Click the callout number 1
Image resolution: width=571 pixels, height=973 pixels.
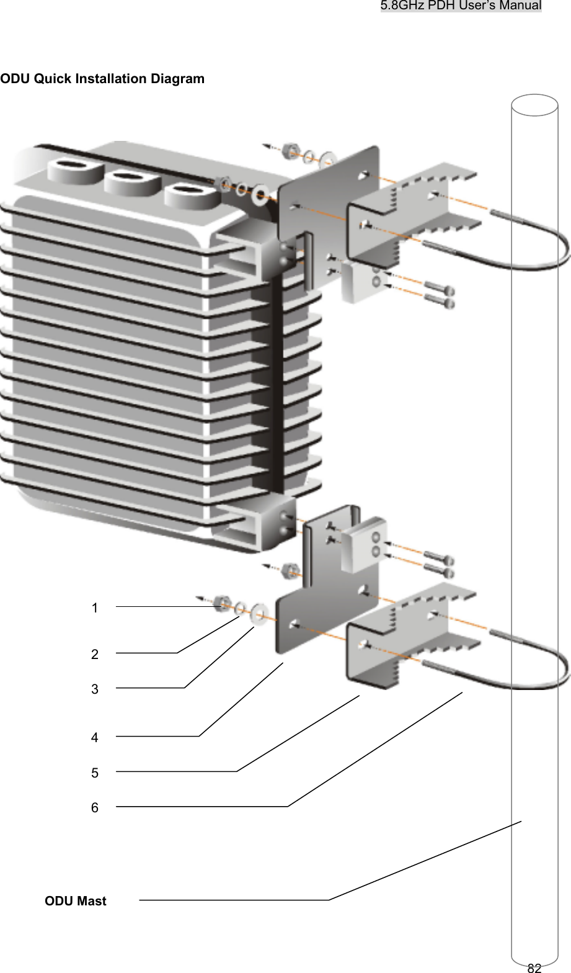point(94,608)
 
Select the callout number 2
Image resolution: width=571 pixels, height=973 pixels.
point(94,654)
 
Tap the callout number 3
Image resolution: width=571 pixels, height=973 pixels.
point(94,689)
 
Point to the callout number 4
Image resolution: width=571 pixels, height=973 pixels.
point(94,738)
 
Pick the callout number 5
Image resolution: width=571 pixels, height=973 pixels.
point(94,773)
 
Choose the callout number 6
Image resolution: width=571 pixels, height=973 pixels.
point(94,808)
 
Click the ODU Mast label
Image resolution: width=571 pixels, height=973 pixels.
point(76,901)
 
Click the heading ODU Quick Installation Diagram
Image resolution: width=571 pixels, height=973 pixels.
point(102,79)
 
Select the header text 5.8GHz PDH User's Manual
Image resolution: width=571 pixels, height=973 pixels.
point(461,6)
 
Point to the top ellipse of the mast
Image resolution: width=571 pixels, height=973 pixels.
point(534,105)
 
